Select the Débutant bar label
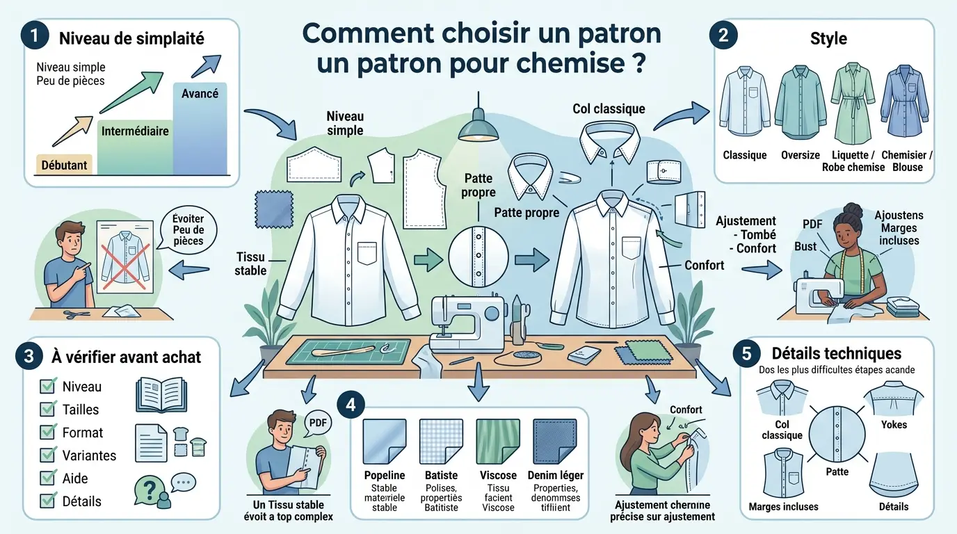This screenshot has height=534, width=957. click(63, 165)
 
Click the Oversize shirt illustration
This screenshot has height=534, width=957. click(800, 103)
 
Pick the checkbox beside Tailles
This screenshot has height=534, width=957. click(48, 409)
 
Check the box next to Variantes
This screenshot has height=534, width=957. click(48, 455)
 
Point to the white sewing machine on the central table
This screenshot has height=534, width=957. click(467, 322)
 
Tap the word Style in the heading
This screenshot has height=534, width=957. click(828, 38)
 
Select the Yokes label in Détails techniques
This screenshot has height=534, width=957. click(894, 424)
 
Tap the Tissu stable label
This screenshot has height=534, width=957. click(250, 264)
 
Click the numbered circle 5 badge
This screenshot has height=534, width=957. click(746, 353)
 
